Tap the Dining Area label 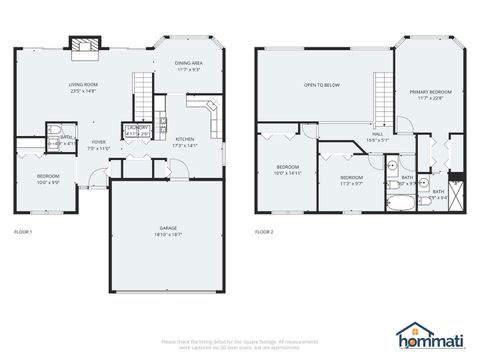tap(190, 66)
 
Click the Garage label tap(168, 230)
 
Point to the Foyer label tap(99, 145)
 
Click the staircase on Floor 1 tap(147, 95)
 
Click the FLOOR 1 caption tap(23, 232)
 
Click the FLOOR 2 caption tap(264, 232)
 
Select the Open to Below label tap(322, 85)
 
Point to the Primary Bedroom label tap(424, 94)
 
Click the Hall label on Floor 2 tap(378, 136)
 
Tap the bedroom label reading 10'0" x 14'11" tap(288, 169)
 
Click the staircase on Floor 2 tap(384, 98)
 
